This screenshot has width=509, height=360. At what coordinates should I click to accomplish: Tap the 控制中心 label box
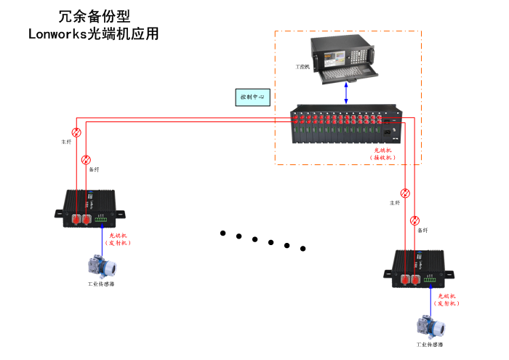point(253,97)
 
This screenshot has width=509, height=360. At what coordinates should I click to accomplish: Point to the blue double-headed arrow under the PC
point(346,93)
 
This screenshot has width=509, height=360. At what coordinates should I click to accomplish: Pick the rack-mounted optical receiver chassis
point(345,126)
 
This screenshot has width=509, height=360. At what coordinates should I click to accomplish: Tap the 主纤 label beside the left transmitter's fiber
point(67,142)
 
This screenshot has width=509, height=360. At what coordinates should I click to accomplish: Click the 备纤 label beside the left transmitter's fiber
point(94,169)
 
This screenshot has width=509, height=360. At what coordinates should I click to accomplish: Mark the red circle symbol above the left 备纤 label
point(86,159)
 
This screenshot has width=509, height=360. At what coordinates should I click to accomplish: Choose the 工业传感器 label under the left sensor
point(102,284)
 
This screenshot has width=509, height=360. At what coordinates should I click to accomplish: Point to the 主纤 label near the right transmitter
point(395,203)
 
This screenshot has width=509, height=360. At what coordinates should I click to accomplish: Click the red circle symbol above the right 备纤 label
point(414,220)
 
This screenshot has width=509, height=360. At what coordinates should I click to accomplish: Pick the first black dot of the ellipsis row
point(223,233)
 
